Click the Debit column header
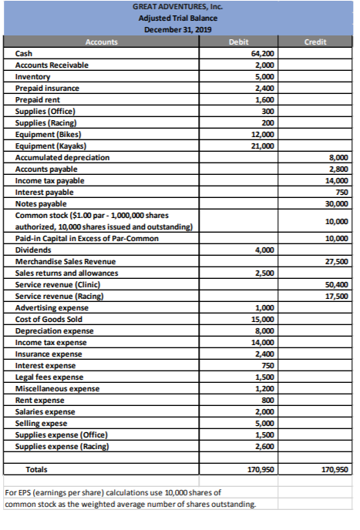(x=239, y=42)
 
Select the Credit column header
(x=315, y=42)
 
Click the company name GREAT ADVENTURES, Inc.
(x=177, y=7)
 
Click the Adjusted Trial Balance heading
(x=177, y=18)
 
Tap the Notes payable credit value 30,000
(x=338, y=203)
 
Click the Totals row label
(x=37, y=468)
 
